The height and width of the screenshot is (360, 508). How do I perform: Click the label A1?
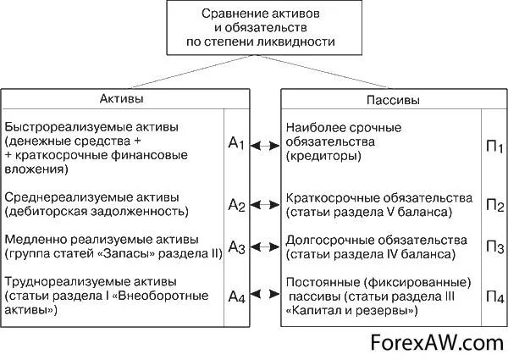[236, 146]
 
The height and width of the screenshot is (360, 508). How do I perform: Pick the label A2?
[236, 206]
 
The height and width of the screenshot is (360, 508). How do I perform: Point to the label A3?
[236, 248]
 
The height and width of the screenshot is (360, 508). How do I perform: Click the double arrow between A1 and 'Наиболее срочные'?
[266, 146]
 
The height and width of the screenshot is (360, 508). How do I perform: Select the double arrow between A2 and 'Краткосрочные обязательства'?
[266, 205]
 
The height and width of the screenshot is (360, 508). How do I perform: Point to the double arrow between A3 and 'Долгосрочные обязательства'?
[266, 248]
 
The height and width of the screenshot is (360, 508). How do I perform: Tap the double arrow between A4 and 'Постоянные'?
[266, 294]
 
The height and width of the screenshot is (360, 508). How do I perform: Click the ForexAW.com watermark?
[435, 342]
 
